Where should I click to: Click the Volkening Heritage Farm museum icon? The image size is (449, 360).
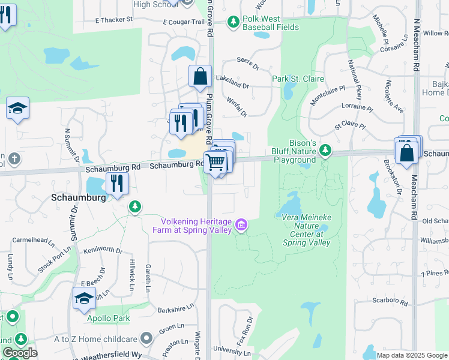coord(241,225)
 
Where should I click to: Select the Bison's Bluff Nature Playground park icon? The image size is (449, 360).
coord(325,149)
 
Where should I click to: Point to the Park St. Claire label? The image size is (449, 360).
coord(298,79)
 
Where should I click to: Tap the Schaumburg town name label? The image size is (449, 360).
coord(75,196)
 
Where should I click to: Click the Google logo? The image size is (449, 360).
coord(20,353)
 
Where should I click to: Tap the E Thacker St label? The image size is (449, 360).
coord(114,20)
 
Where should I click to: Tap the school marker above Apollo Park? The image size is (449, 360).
coord(84,298)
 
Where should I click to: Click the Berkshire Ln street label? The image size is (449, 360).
coord(176,310)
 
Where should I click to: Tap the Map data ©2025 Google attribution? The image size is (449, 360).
coord(412,355)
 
